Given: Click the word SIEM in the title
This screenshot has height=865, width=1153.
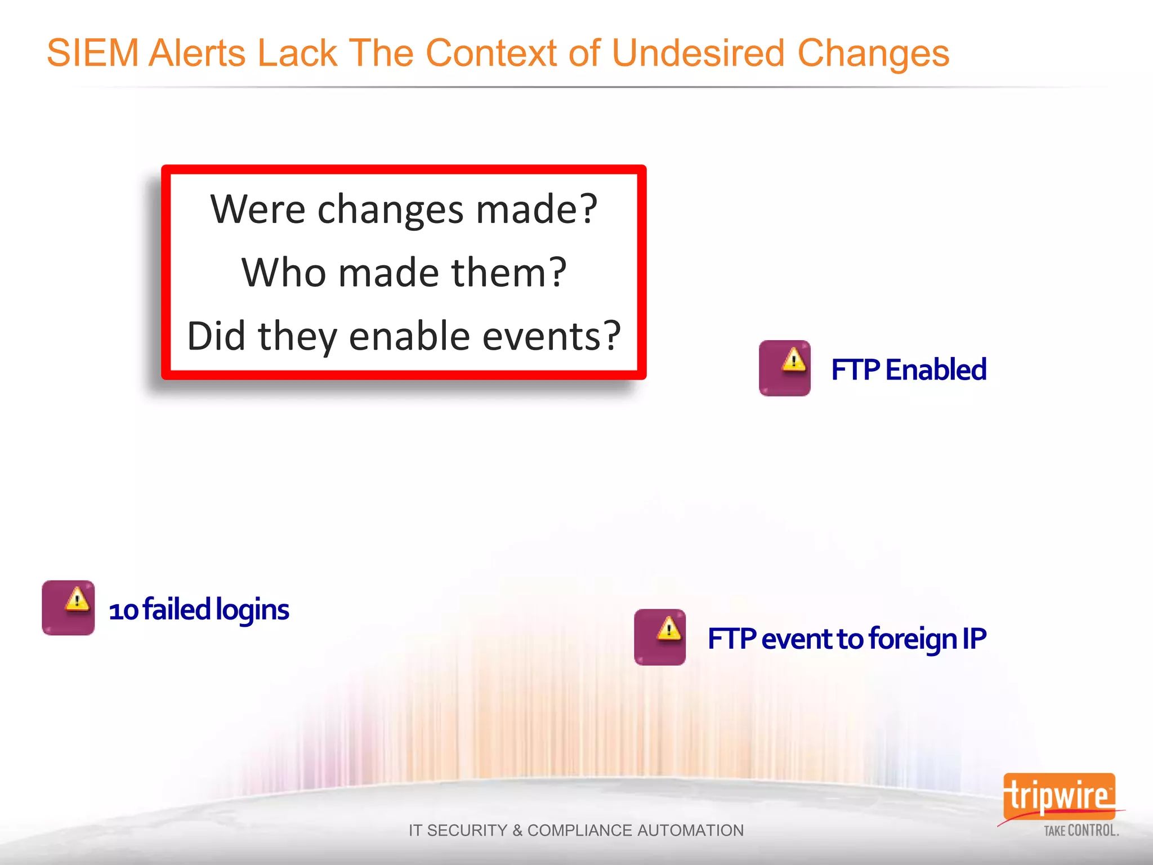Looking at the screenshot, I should click(x=93, y=53).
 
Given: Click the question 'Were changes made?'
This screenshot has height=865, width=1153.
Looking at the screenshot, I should click(x=404, y=209).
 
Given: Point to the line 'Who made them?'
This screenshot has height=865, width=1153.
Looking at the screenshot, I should click(x=404, y=273).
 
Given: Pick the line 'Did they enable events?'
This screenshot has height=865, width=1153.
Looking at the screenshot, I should click(x=404, y=336).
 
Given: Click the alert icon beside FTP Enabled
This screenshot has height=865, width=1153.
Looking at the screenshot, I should click(x=784, y=368).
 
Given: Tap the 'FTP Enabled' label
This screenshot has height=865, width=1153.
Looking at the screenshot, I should click(x=909, y=370).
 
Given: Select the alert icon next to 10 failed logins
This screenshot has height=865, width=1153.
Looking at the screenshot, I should click(x=68, y=608).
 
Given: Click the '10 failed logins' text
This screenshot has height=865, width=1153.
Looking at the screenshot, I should click(x=199, y=610).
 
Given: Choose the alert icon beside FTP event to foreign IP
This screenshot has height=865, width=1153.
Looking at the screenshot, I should click(x=660, y=637).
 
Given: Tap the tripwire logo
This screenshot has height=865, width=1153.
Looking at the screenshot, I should click(x=1058, y=796).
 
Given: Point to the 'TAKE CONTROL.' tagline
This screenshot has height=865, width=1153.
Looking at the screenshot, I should click(x=1081, y=831).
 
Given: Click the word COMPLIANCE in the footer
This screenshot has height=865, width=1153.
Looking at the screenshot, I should click(x=579, y=831).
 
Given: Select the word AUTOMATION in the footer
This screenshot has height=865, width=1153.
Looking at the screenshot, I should click(x=691, y=831).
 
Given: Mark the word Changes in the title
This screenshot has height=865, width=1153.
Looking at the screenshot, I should click(x=873, y=53).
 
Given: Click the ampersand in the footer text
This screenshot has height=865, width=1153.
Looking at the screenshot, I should click(x=517, y=831).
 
